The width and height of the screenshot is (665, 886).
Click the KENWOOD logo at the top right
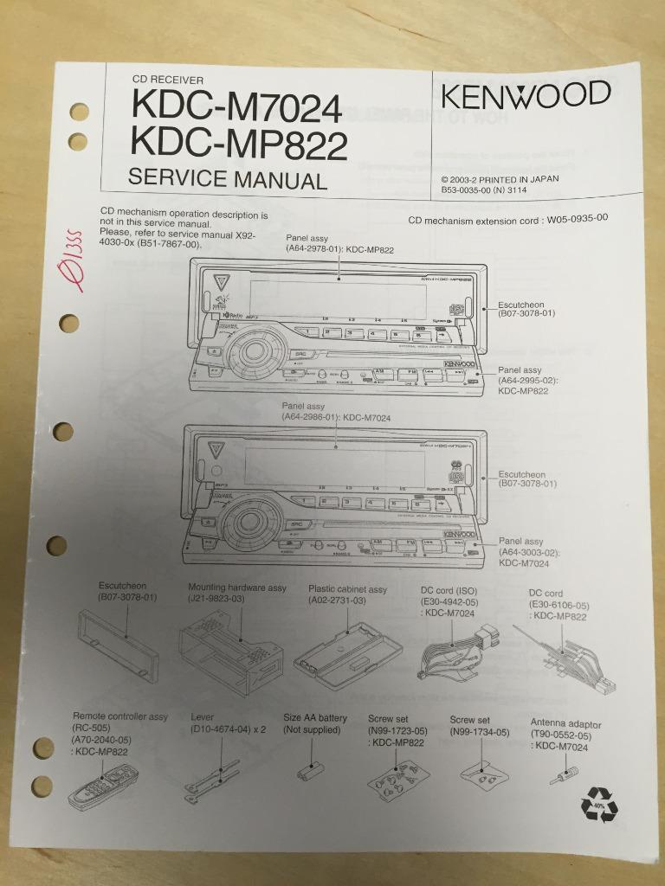pyautogui.click(x=526, y=93)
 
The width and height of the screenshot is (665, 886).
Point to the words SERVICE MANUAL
pyautogui.click(x=227, y=180)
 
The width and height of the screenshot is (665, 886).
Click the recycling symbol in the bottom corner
pyautogui.click(x=599, y=805)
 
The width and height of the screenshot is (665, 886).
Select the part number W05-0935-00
pyautogui.click(x=577, y=219)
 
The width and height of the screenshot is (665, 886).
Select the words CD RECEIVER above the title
pyautogui.click(x=167, y=80)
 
